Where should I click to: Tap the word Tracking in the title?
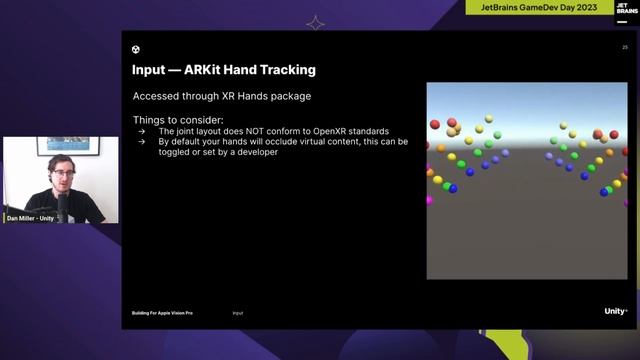[283, 70]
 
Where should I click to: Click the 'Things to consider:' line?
[170, 120]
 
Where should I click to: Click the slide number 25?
[625, 47]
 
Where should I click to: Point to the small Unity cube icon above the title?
[136, 49]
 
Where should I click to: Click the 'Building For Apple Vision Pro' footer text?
[162, 313]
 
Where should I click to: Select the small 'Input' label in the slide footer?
[238, 313]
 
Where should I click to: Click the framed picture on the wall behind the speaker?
[69, 146]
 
